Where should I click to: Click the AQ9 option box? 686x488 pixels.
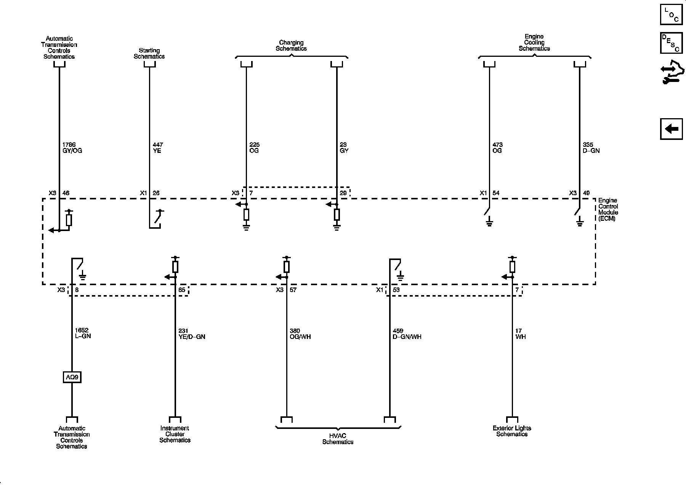pos(72,377)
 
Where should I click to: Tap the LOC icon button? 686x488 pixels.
pos(671,14)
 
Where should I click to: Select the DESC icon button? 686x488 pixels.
pos(671,43)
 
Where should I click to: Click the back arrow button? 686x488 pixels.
pos(671,129)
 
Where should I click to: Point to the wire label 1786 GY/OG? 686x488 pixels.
pos(72,148)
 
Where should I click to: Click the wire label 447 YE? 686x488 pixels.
pos(157,148)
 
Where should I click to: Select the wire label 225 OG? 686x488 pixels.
pos(254,148)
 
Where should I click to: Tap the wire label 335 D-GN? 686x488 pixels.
pos(591,148)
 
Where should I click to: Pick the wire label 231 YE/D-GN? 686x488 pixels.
pos(192,334)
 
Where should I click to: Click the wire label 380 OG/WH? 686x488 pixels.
pos(300,334)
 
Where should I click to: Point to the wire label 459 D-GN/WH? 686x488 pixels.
pos(407,334)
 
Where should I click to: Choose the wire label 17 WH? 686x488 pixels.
pos(520,334)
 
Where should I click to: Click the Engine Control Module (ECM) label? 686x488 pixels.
pos(608,209)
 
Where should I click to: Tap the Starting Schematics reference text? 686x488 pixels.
pos(149,53)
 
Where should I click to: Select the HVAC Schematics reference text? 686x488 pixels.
pos(338,439)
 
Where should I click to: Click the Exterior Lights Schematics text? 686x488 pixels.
pos(512,431)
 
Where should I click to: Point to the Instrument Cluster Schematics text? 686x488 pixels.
pos(175,434)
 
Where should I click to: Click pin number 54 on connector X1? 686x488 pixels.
pos(496,193)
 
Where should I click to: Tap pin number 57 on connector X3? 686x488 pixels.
pos(293,290)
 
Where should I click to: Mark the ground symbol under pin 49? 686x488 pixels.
pos(580,222)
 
